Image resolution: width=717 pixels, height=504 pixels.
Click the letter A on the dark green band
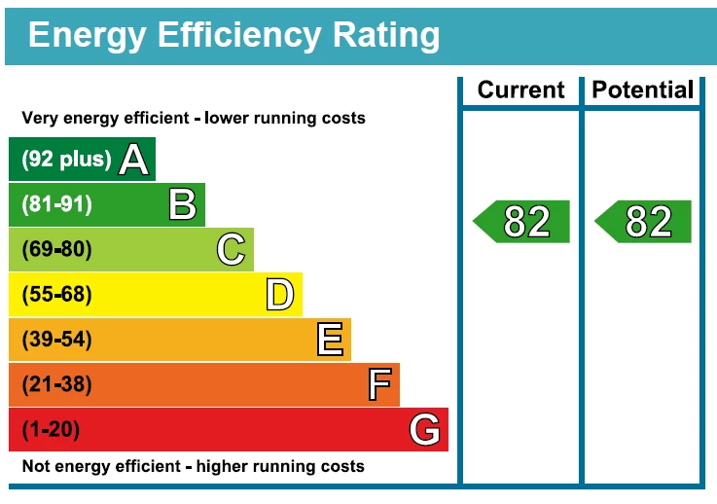pos(134,161)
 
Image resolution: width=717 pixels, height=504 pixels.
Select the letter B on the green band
pos(182,205)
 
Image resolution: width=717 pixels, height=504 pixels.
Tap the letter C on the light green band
pos(231,250)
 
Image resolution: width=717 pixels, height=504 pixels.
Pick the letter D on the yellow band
pos(280,295)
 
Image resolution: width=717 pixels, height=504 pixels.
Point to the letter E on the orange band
pos(330,340)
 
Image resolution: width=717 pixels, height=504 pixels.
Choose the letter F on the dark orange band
pos(379,385)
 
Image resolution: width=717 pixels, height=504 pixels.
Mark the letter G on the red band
pos(425,430)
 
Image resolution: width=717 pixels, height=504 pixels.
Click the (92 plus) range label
pos(66,161)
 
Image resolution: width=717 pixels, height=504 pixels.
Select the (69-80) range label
pos(56,250)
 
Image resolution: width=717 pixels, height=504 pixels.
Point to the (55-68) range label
pos(56,295)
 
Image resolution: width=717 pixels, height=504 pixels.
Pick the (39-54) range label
pos(56,340)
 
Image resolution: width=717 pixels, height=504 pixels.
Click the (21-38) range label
pos(56,385)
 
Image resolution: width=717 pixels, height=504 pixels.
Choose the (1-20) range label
pos(51,430)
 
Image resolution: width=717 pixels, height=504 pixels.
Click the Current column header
pos(520,90)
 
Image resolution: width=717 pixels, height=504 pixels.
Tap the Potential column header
pos(643,90)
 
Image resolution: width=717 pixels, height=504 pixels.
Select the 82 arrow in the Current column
pos(521,222)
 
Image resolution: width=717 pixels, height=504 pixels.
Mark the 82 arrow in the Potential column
pos(643,222)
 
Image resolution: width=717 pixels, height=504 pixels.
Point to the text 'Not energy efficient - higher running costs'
pos(193,467)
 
